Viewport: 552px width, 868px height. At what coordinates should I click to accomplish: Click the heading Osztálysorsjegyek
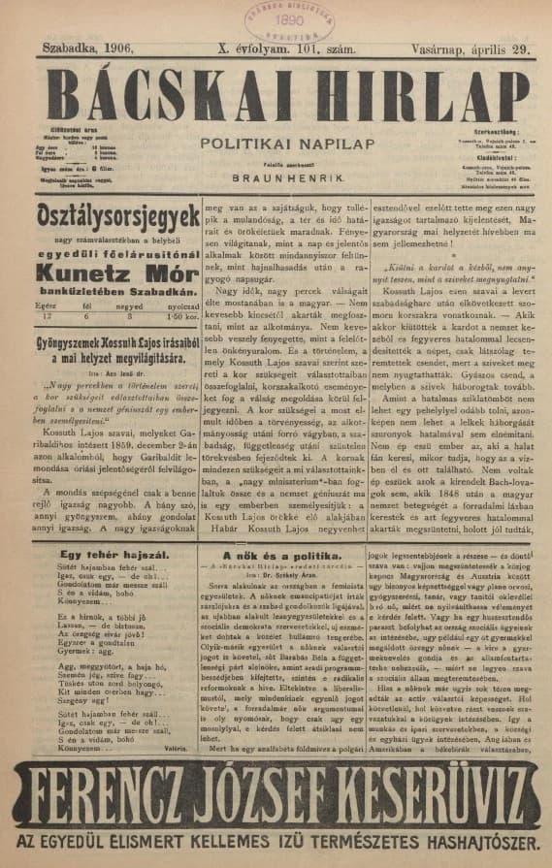point(117,215)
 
